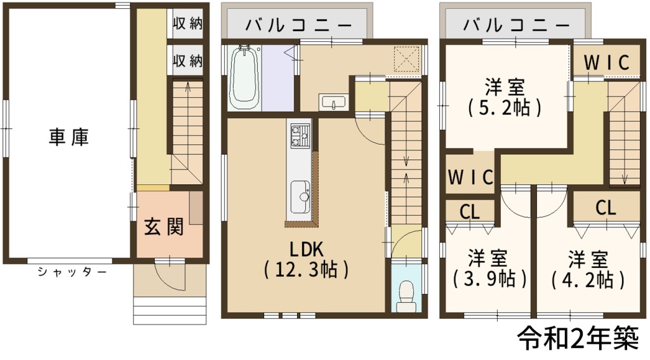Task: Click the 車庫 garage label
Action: (x=69, y=137)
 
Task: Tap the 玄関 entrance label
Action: (x=164, y=227)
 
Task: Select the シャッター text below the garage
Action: (x=72, y=272)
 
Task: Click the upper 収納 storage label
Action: (x=188, y=23)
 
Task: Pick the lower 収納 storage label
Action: (x=188, y=61)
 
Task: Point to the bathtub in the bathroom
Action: (x=244, y=77)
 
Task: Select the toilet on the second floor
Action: (x=406, y=296)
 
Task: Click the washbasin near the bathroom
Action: (x=334, y=102)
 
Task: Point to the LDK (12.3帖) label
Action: (x=307, y=260)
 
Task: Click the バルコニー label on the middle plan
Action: (x=299, y=25)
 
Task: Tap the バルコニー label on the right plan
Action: (x=517, y=25)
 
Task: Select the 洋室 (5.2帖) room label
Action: (x=505, y=98)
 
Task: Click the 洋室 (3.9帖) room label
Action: (x=489, y=269)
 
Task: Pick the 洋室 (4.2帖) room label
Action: (x=588, y=270)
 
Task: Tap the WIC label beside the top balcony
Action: (x=606, y=63)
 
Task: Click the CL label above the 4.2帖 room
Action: (x=606, y=208)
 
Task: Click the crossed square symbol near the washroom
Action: (x=407, y=59)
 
